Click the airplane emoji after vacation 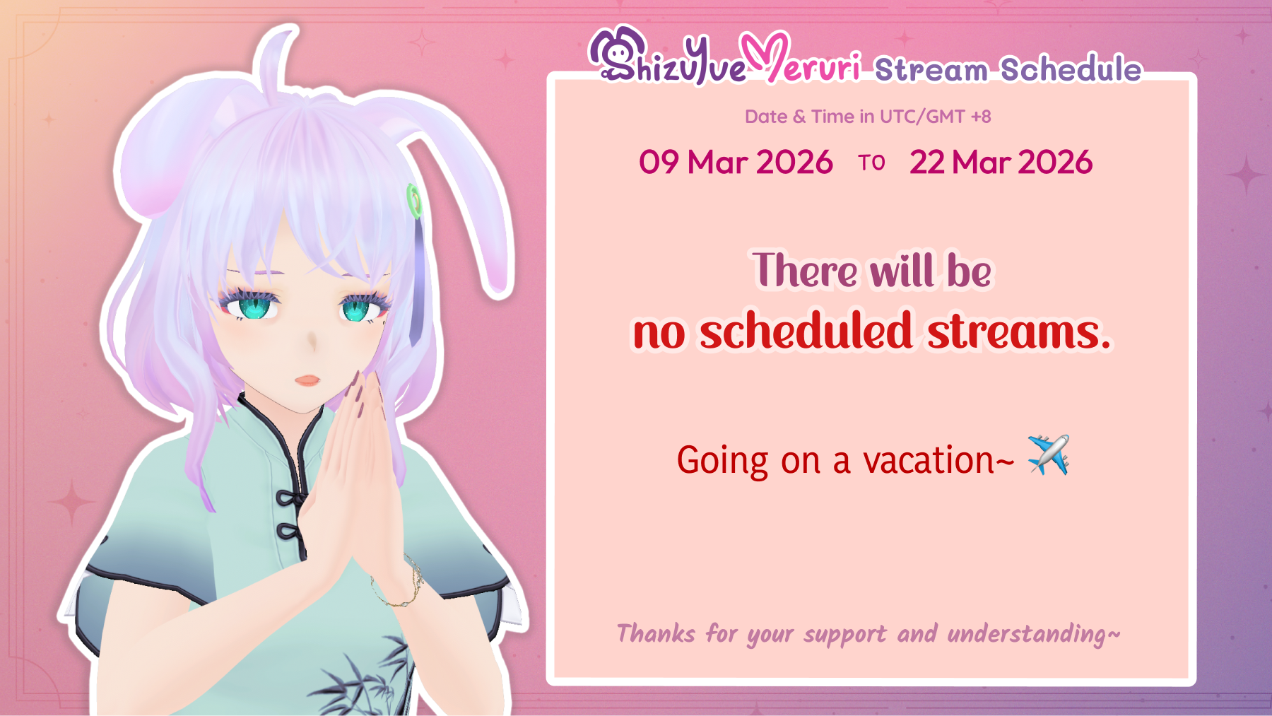click(x=1048, y=455)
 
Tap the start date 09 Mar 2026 click(x=736, y=163)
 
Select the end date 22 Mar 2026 click(x=1001, y=163)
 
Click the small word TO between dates click(x=871, y=163)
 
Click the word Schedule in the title click(x=1071, y=69)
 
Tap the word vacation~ click(x=938, y=461)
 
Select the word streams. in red click(x=1018, y=332)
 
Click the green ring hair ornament click(x=415, y=201)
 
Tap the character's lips click(x=307, y=380)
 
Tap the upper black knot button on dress click(x=289, y=498)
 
